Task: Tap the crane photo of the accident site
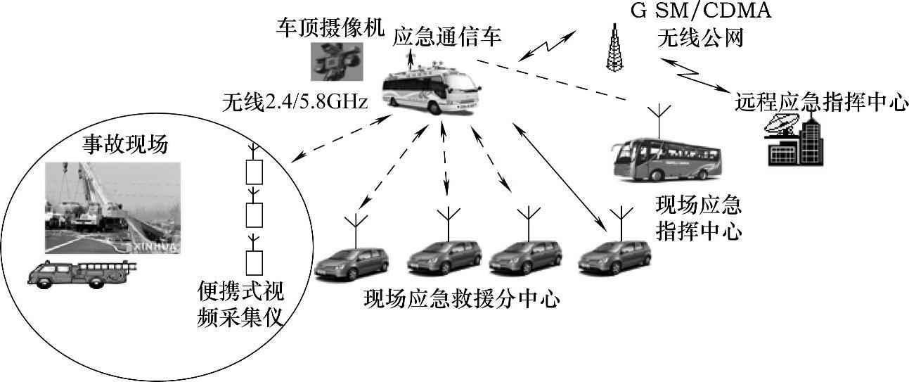112,208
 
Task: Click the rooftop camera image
336,62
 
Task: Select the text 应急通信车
447,37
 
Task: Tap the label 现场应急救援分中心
462,300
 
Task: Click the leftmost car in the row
352,262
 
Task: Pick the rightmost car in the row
614,257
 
